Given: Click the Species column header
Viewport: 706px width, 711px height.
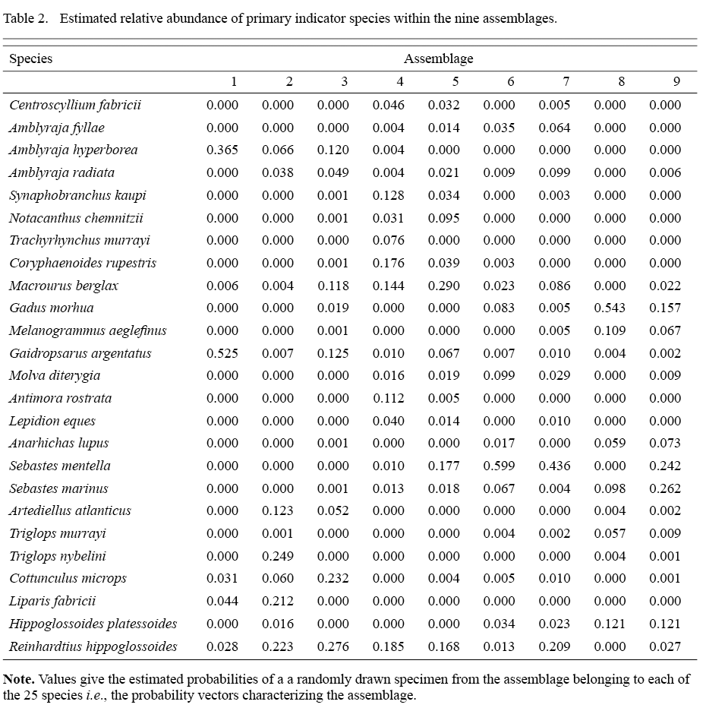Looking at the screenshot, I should point(30,58).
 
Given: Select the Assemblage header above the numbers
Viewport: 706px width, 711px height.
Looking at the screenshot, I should point(438,58).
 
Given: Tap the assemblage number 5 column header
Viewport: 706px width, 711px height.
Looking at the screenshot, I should point(455,82).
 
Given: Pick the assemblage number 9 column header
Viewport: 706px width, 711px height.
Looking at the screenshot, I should point(676,82).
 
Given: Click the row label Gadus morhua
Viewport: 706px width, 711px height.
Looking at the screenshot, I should point(41,308).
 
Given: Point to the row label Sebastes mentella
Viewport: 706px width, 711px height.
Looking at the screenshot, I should point(60,466).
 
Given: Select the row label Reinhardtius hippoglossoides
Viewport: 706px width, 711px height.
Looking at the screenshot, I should point(93,647).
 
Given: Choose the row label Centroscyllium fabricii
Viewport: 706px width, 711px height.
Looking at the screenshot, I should point(75,105).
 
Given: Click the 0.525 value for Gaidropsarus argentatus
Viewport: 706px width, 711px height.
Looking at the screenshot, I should point(222,354).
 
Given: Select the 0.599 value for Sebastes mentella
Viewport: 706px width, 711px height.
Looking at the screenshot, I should point(499,466).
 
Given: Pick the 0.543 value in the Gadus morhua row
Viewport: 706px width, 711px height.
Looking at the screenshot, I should point(610,308).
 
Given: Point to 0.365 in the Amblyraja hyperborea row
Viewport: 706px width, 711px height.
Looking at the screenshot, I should point(222,150).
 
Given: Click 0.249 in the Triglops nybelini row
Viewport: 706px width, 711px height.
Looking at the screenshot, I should point(277,557).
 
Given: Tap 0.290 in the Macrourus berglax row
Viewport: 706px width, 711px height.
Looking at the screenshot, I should point(443,286).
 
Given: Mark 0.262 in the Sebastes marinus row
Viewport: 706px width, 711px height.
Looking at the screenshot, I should point(665,489).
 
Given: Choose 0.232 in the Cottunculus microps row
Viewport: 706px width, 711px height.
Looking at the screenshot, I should point(333,579).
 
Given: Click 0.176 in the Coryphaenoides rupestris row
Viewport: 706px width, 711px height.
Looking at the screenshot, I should point(388,264).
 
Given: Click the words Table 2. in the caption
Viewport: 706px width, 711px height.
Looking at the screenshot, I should point(24,18).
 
